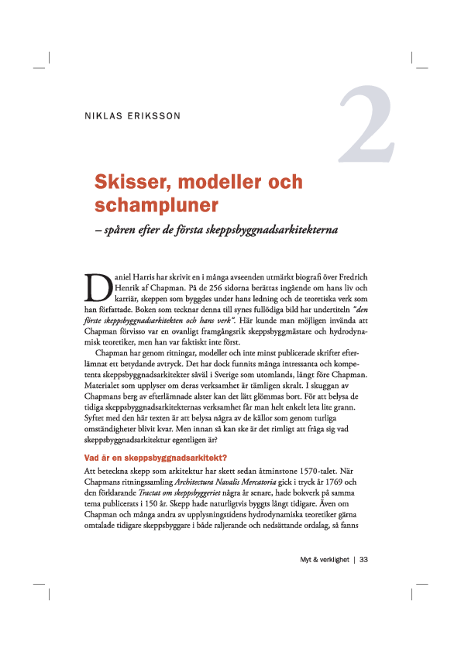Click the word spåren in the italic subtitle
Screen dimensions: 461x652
tap(122, 231)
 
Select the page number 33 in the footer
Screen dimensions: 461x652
tap(363, 560)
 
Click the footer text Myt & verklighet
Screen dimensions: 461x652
tap(324, 560)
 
